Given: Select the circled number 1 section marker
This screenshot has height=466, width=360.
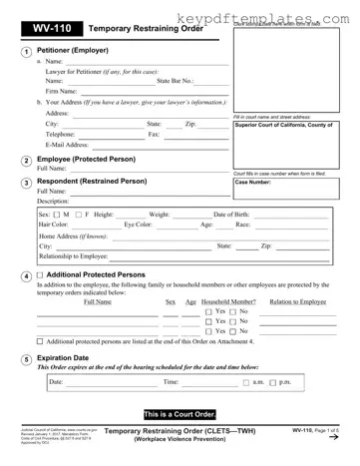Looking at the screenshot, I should pyautogui.click(x=26, y=53).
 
